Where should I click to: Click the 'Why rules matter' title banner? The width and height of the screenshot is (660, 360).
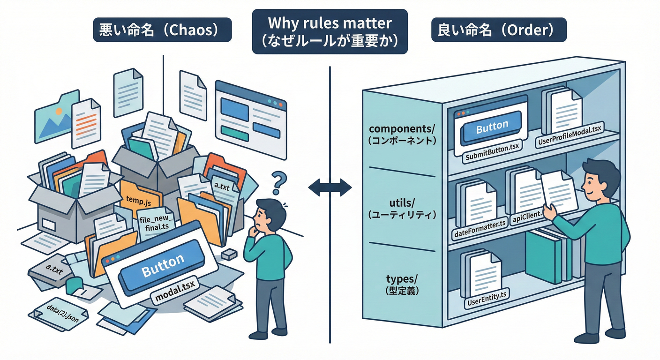[x=330, y=30]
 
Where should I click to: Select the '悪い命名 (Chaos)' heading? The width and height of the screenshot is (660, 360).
[x=162, y=30]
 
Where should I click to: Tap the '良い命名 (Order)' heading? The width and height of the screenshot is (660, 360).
[x=499, y=30]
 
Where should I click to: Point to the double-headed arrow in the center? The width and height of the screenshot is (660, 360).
[x=330, y=188]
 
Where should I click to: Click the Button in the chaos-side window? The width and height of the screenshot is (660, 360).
[x=163, y=268]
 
